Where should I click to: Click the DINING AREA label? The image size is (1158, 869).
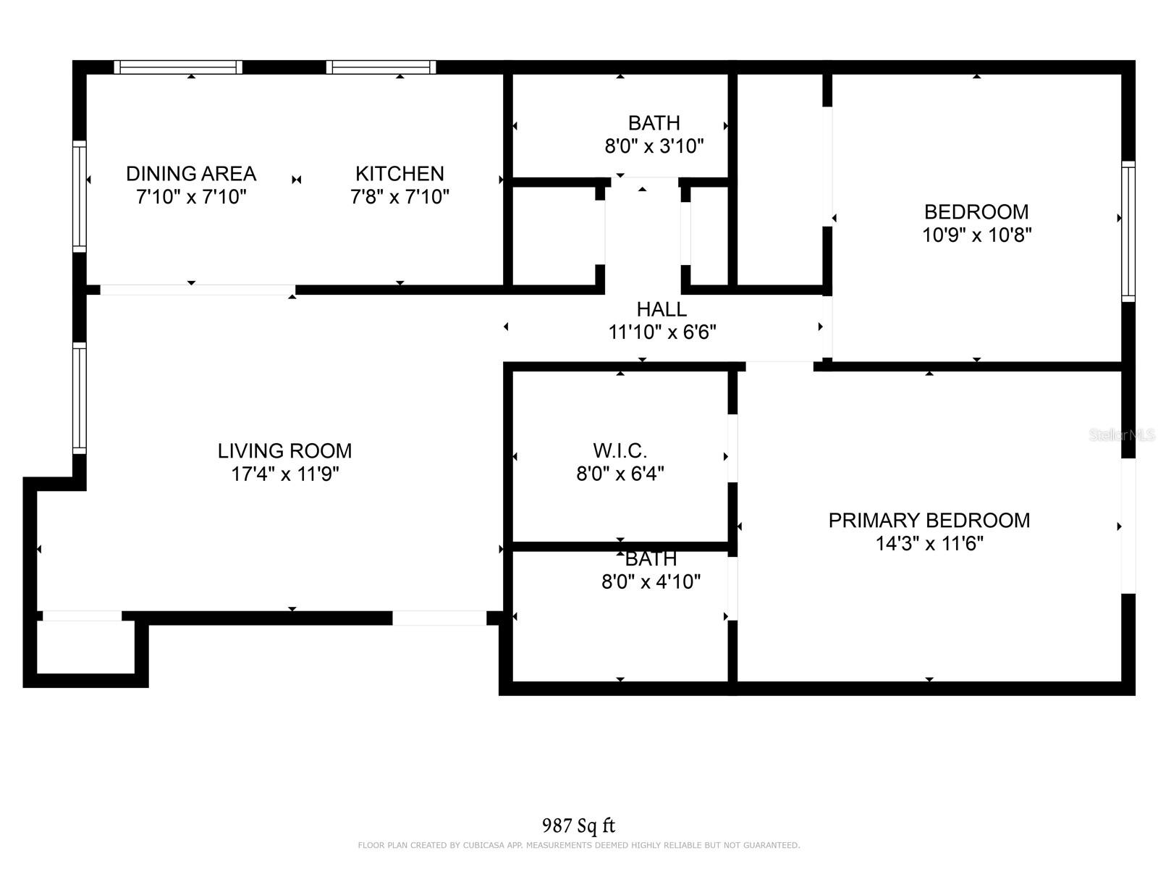[x=191, y=174]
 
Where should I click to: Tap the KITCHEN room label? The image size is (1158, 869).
[x=400, y=174]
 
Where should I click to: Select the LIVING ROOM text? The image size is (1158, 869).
[x=284, y=450]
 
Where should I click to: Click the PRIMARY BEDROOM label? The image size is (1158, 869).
[x=929, y=520]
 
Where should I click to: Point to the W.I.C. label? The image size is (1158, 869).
[x=620, y=450]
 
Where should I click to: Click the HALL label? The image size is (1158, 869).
[x=662, y=309]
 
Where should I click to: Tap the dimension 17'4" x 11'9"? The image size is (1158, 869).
[x=284, y=474]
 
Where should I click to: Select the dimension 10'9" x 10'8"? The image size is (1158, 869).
[x=976, y=235]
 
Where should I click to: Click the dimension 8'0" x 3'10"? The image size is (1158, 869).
[x=654, y=146]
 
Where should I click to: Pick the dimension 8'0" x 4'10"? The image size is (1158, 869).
[x=651, y=582]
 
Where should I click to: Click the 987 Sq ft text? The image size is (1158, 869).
[x=578, y=825]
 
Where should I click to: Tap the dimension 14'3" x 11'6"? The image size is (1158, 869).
[x=929, y=543]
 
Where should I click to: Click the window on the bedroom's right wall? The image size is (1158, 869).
[x=1128, y=232]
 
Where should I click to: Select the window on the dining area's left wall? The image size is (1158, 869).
[x=79, y=197]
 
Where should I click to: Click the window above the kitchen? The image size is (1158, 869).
[x=381, y=67]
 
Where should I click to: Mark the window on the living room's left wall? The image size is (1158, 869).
[x=79, y=398]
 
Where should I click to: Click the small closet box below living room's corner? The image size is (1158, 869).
[x=85, y=647]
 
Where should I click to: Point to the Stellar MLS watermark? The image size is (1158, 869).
[x=1122, y=434]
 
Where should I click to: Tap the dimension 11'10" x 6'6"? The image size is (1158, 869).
[x=662, y=332]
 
